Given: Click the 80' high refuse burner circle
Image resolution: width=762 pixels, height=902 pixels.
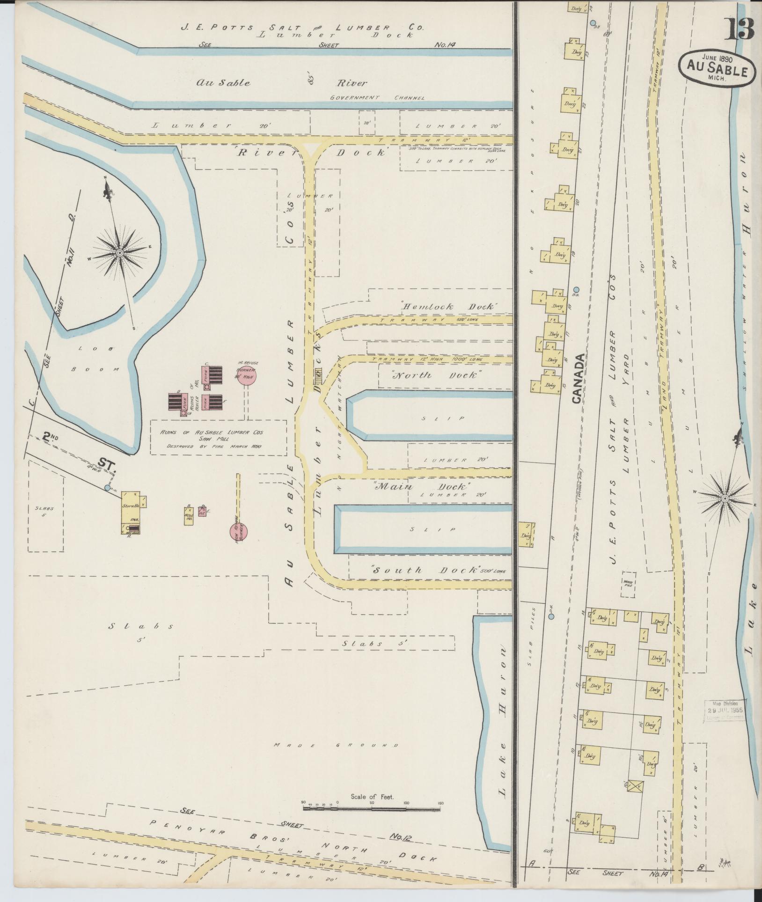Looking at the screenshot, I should (246, 377).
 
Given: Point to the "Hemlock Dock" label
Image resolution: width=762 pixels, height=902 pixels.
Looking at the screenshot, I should (449, 307).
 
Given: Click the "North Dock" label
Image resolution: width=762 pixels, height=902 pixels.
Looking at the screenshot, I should (437, 375).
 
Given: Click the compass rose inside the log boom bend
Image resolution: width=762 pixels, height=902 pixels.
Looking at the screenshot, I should (120, 253).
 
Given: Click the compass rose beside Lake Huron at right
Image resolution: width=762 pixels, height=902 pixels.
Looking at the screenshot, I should (725, 499).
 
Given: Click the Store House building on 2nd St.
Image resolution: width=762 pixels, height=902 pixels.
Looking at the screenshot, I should (131, 512).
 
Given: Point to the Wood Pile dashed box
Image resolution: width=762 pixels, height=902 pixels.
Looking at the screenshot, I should (628, 584).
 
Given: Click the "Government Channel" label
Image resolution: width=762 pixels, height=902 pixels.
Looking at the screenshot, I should (377, 98).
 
